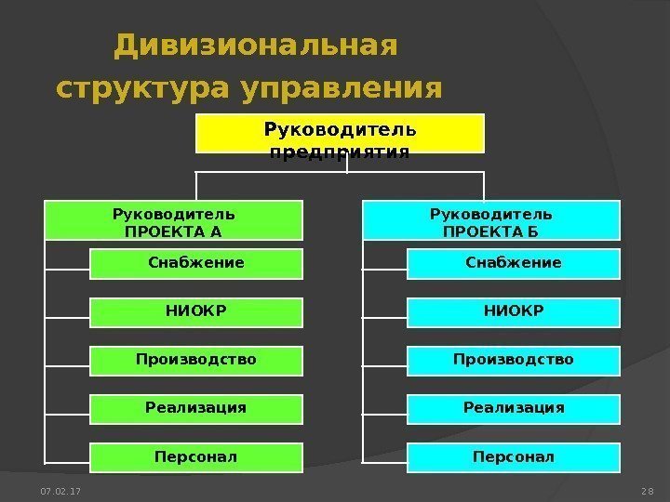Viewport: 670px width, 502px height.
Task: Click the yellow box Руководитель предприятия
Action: point(340,133)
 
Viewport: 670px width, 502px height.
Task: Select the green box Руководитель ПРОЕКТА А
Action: point(173,222)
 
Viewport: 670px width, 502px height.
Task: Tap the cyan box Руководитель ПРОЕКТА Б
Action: point(490,222)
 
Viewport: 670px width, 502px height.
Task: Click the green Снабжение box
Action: point(196,264)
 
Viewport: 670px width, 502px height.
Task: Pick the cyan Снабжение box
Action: point(514,264)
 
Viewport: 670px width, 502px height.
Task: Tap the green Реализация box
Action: point(196,408)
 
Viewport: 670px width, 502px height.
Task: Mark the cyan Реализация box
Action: point(514,408)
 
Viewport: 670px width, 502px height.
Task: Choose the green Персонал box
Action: point(196,457)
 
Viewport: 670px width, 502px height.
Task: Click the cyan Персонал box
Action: point(514,457)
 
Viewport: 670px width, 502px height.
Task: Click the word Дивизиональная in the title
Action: point(254,45)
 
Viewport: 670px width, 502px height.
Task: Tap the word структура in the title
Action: point(142,90)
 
